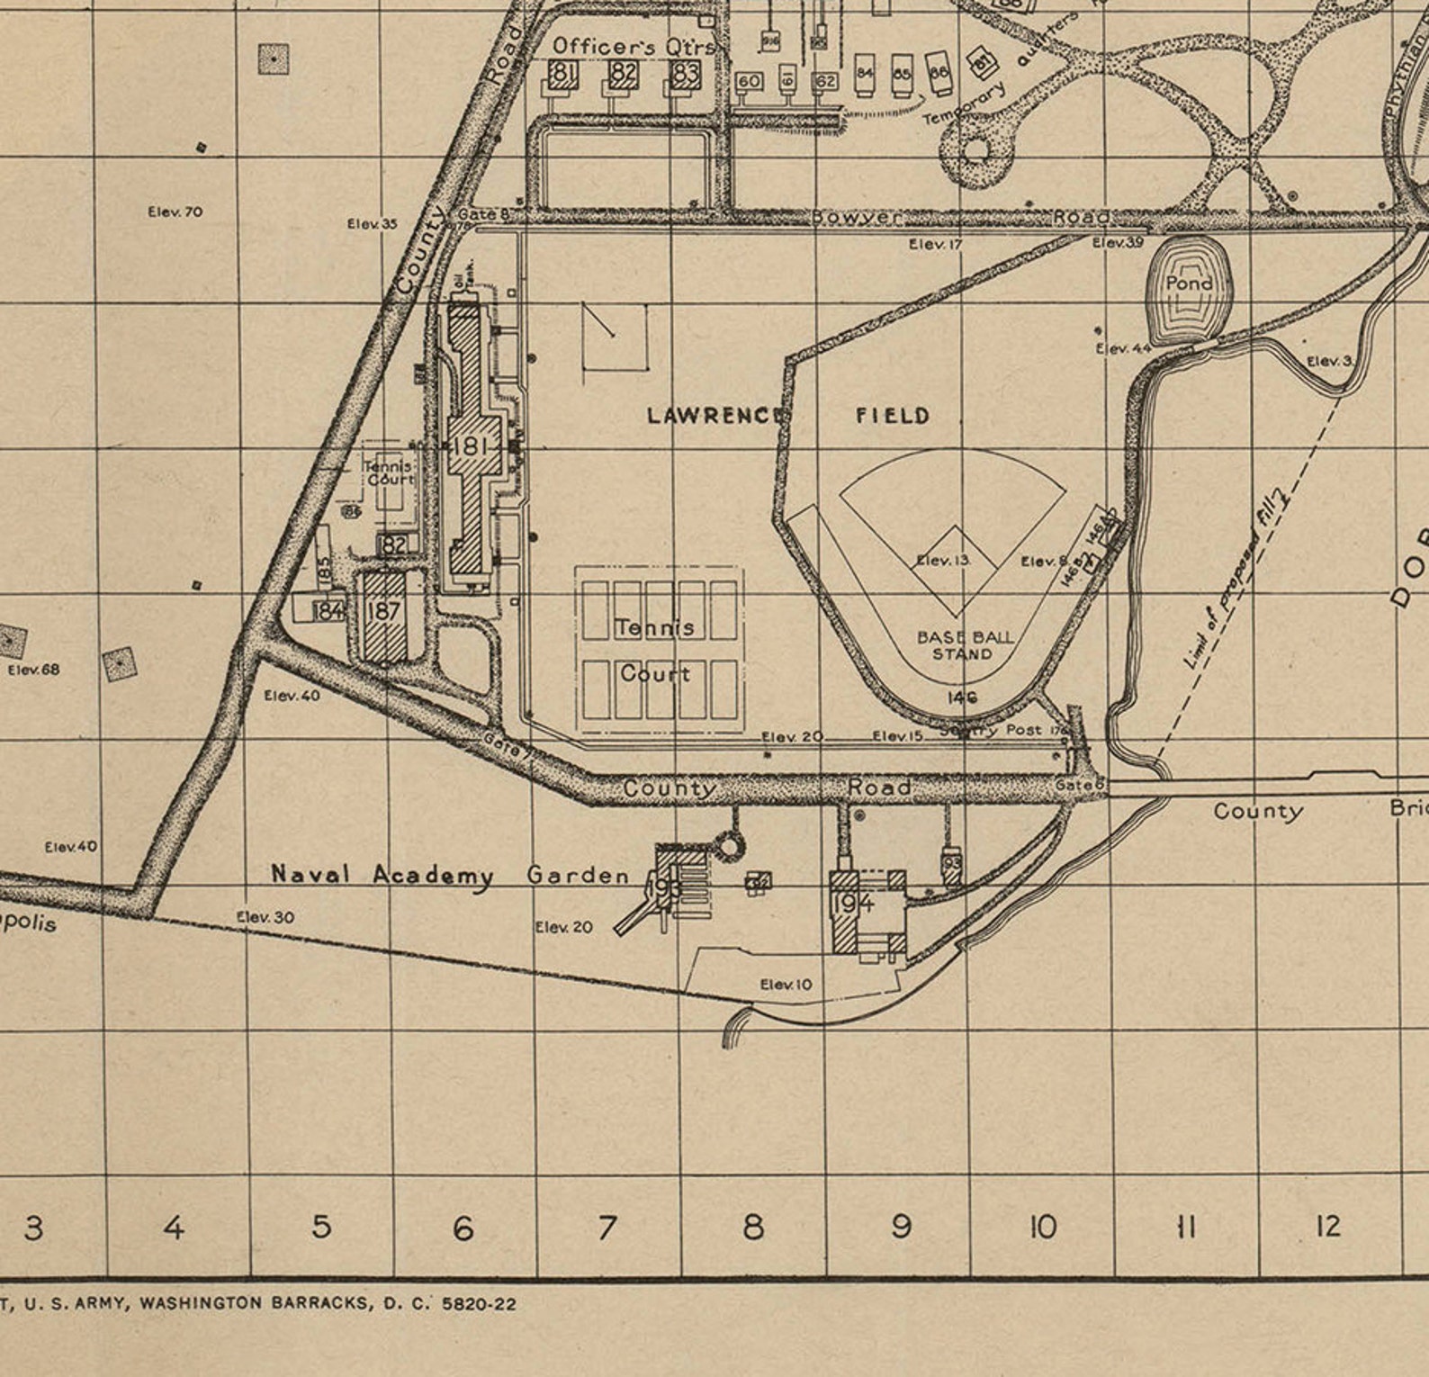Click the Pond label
[1189, 283]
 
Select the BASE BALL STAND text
[964, 645]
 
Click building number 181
[471, 446]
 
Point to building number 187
[384, 611]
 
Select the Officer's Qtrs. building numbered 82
[624, 74]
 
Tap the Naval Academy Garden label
[450, 875]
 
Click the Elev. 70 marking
[175, 211]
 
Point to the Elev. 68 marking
[33, 670]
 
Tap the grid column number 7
[607, 1227]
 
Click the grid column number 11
[1186, 1226]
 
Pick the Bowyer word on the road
[855, 217]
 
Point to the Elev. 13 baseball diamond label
[943, 561]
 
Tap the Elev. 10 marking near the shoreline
[786, 985]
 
